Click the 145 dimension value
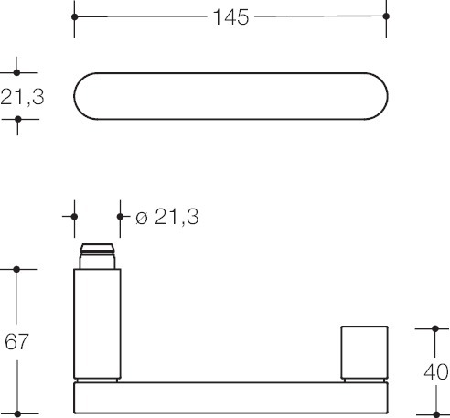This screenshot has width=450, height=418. pyautogui.click(x=230, y=17)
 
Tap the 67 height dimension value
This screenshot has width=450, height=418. pyautogui.click(x=16, y=341)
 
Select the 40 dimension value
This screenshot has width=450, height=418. pyautogui.click(x=436, y=372)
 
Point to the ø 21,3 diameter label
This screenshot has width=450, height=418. pyautogui.click(x=167, y=217)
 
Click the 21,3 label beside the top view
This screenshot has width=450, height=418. pyautogui.click(x=22, y=97)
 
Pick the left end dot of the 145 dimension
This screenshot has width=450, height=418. pyautogui.click(x=75, y=16)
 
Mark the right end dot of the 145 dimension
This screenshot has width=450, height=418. pyautogui.click(x=386, y=16)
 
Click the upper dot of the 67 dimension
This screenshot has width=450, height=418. pyautogui.click(x=16, y=269)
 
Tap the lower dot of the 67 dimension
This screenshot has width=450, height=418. pyautogui.click(x=17, y=413)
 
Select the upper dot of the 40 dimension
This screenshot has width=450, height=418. pyautogui.click(x=435, y=328)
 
